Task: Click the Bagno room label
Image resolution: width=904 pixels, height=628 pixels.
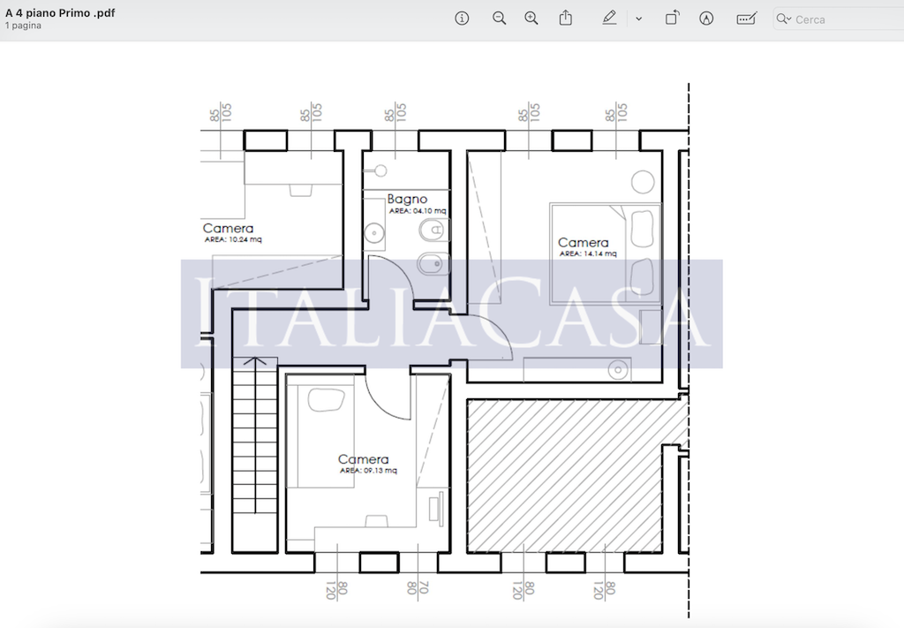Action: pos(407,200)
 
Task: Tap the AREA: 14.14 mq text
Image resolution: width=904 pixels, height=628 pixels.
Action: pos(587,253)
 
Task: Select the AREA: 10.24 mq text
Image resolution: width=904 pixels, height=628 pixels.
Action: pos(233,239)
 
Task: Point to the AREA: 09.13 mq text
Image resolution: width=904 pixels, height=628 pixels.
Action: pos(368,470)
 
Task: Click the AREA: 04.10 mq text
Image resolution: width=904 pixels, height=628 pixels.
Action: pos(418,210)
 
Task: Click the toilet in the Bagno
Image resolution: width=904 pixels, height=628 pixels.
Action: pos(433,231)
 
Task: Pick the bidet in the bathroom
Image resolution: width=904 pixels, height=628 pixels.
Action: pos(432,264)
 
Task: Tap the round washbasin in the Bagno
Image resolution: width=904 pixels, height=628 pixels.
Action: pos(374,233)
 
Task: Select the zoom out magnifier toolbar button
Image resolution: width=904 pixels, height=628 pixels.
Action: pos(500,19)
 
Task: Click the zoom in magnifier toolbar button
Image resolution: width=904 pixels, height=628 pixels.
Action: pos(531,19)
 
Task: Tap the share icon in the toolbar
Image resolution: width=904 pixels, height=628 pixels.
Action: pos(566,18)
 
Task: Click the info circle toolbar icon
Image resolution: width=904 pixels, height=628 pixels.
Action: pos(462,19)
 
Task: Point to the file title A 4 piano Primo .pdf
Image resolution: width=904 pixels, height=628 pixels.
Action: pos(60,12)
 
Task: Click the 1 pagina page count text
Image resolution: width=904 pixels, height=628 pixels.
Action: pos(23,26)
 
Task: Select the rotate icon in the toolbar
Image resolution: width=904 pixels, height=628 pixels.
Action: pos(672,18)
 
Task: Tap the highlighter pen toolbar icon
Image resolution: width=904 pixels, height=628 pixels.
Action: pos(609,19)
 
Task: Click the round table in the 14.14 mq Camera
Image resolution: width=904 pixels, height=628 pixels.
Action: pos(643,182)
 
